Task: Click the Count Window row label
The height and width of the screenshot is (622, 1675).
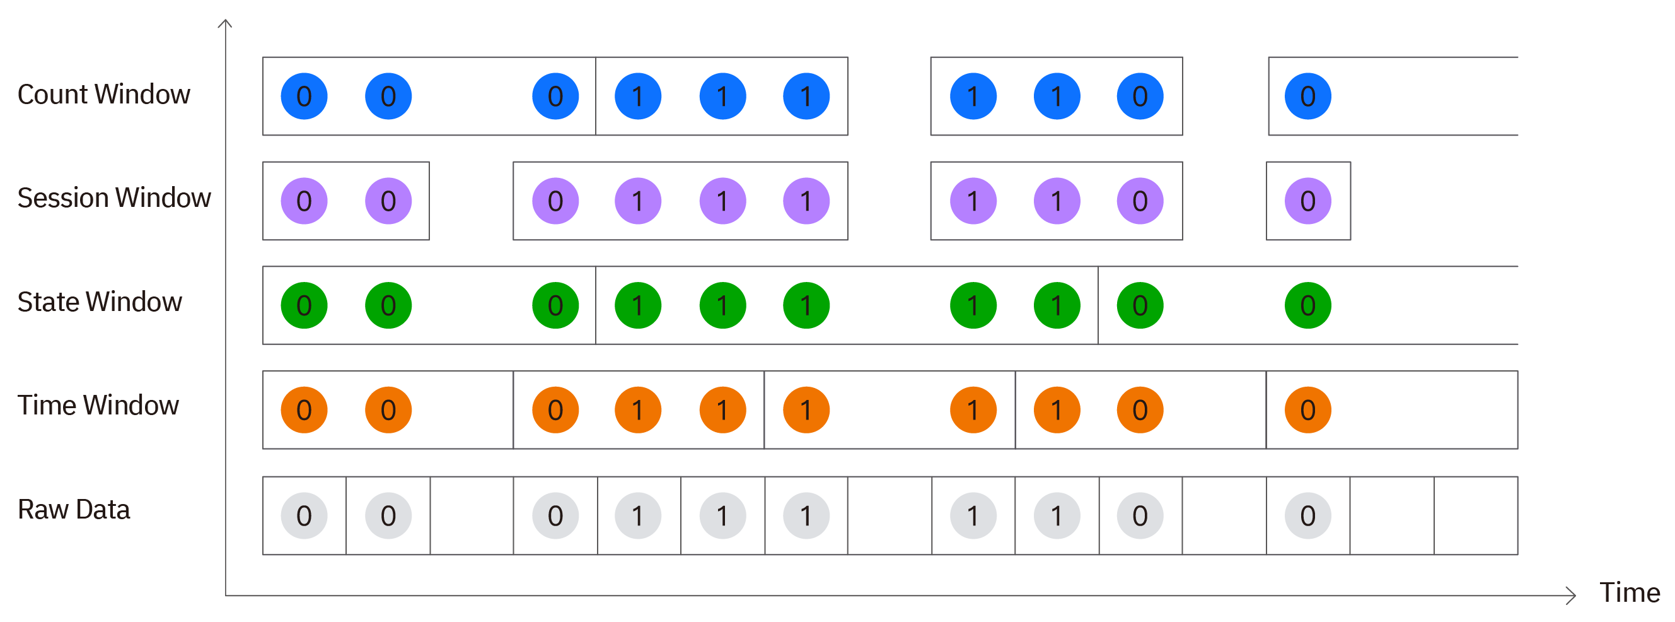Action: click(103, 95)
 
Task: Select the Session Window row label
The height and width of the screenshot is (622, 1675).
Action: click(114, 199)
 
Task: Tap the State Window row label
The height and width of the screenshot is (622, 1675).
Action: click(100, 303)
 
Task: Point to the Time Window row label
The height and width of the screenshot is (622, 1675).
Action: click(98, 406)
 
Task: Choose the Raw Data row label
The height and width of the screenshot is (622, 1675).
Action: click(74, 510)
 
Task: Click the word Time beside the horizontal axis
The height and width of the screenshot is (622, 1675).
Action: click(1630, 594)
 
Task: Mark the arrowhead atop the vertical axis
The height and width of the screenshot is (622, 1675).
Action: click(225, 24)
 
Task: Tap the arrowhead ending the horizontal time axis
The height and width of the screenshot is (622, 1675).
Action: click(1572, 596)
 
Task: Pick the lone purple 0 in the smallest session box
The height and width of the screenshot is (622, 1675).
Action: click(1307, 201)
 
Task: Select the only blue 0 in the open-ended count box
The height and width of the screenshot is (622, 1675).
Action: click(1307, 97)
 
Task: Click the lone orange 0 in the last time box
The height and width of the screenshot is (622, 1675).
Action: click(1307, 410)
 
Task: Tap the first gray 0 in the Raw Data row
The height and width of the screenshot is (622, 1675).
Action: click(304, 516)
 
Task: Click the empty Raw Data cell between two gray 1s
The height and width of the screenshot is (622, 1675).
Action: click(890, 516)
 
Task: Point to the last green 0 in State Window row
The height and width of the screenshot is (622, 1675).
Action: click(1307, 305)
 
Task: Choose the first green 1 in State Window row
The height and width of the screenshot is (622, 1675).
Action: click(638, 305)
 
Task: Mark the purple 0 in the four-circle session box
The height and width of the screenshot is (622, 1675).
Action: click(555, 201)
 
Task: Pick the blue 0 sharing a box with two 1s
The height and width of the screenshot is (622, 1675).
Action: click(1140, 97)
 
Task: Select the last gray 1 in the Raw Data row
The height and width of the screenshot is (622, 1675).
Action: click(1057, 516)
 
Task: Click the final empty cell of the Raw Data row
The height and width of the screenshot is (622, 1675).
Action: click(1475, 516)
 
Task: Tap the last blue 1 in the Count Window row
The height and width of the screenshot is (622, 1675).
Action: click(1057, 97)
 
